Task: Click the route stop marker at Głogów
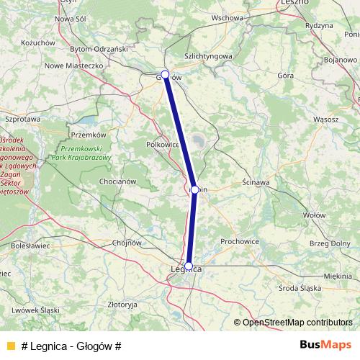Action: coord(165,74)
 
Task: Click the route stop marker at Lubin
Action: coord(194,190)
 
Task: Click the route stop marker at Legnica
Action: coord(189,266)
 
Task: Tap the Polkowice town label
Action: coord(163,143)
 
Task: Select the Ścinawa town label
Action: coord(256,183)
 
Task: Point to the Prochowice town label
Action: coord(240,241)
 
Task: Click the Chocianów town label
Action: coord(118,182)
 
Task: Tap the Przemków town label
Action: coord(89,135)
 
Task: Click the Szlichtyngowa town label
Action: coord(208,55)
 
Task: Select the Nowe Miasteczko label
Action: coord(75,65)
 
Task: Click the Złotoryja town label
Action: coord(121,305)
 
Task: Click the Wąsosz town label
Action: coord(326,118)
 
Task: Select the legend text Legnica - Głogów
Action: coord(71,346)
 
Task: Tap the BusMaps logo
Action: coord(324,345)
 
